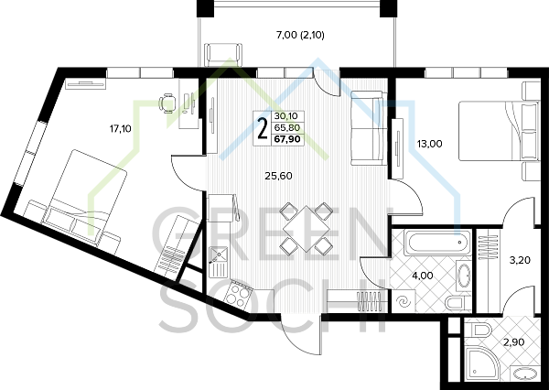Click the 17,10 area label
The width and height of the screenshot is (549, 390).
coord(121,129)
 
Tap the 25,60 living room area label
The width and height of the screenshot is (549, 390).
coord(278,176)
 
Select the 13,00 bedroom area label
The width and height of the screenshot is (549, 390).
coord(430,144)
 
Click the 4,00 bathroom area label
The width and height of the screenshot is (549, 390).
coord(422,276)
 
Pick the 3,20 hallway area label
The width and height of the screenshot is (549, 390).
coord(520,260)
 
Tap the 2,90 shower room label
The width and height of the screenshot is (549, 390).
coord(514,342)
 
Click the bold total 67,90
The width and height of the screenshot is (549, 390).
coord(287,139)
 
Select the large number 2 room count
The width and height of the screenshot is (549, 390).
coord(262,128)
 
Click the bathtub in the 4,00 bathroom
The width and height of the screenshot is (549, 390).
coord(437,242)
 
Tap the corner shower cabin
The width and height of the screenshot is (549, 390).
coord(482,363)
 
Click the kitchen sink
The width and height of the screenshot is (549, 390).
coord(219,262)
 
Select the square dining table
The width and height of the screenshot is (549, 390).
coord(306,229)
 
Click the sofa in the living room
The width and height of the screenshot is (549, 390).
coord(369,128)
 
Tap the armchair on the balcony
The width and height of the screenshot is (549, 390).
coord(223,54)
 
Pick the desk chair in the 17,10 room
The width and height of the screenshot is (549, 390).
coord(167,103)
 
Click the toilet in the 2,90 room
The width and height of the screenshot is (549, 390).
coord(482,330)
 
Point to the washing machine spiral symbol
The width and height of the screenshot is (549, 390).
coord(403,301)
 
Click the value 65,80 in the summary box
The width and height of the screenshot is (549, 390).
coord(287,127)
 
